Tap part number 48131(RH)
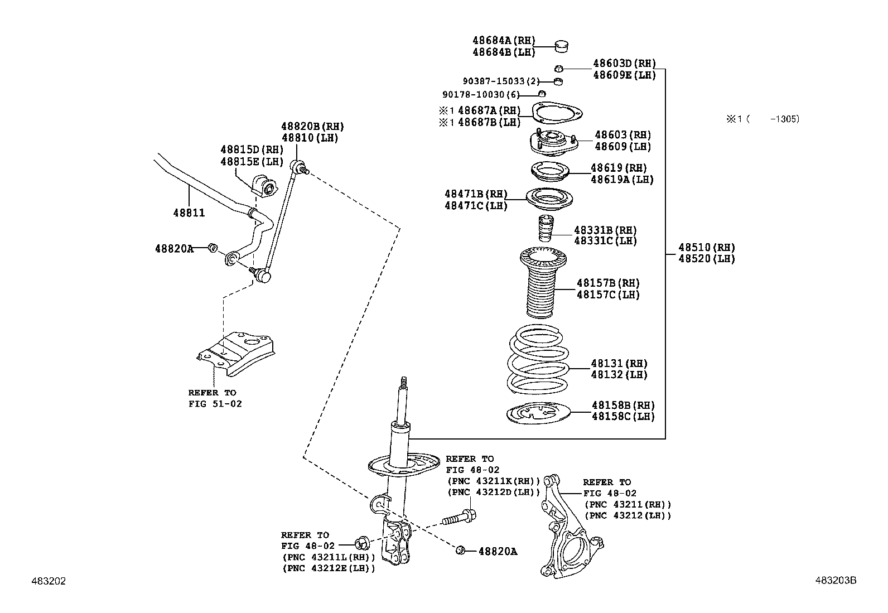[619, 364]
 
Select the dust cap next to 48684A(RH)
[562, 46]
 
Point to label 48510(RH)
[707, 248]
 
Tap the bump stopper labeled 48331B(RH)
[544, 229]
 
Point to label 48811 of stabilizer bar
[189, 213]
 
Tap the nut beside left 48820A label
[212, 248]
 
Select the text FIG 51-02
[215, 403]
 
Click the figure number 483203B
[835, 581]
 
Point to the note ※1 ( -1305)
[762, 119]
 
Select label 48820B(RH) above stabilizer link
[312, 127]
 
